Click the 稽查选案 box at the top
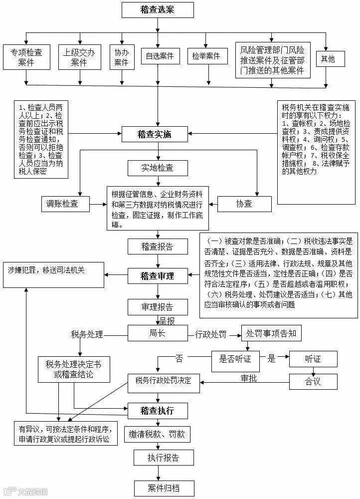pos(158,9)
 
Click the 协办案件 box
pos(121,56)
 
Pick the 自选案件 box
pos(160,56)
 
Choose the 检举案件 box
pos(206,56)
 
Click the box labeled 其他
pos(328,59)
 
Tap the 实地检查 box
pos(157,168)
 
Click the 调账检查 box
pos(65,204)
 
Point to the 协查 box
pos(244,204)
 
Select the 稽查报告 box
pos(157,246)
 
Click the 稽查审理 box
pos(157,275)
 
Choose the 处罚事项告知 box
pos(271,333)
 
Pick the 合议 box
pos(313,381)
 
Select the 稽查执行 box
pos(157,411)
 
